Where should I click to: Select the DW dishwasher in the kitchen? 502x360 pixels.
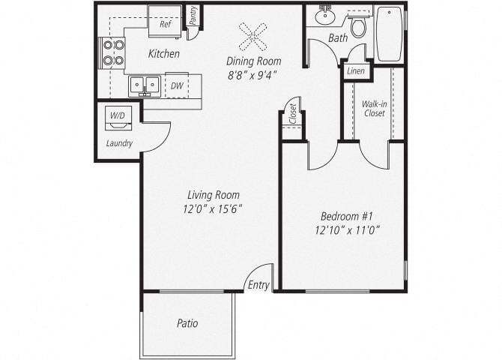[x=177, y=86]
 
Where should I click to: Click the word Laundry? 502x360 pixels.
[x=119, y=142]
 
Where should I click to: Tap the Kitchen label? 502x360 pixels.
[x=163, y=54]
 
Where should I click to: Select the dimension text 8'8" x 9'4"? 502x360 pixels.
[x=253, y=75]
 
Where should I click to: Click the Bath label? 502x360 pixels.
[x=337, y=38]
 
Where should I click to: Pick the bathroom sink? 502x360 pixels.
[x=325, y=14]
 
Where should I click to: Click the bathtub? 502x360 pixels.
[x=390, y=34]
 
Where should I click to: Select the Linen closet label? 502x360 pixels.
[x=354, y=71]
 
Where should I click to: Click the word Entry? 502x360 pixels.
[x=258, y=286]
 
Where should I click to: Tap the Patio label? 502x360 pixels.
[x=187, y=324]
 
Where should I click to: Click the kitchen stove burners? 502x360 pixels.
[x=113, y=52]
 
